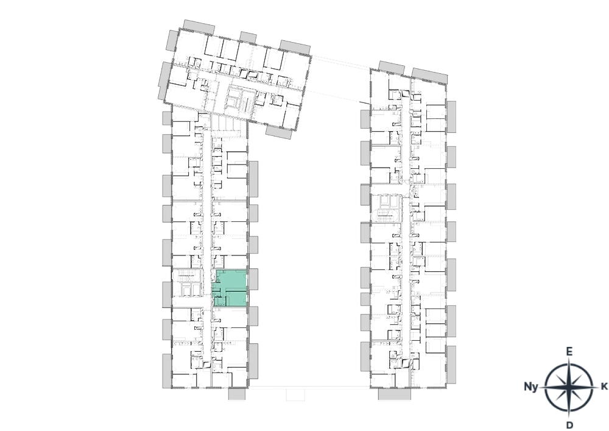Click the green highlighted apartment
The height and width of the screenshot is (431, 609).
pos(230,288)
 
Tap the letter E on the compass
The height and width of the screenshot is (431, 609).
pos(569,352)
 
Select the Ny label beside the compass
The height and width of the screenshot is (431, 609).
pos(531,386)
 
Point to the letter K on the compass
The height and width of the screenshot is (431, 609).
pos(604,386)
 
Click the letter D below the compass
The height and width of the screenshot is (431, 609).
pos(569,425)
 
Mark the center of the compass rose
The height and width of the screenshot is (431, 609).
pos(569,388)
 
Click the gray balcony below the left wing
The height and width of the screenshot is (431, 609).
pos(237,394)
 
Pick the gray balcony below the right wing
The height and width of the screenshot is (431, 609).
pos(394,394)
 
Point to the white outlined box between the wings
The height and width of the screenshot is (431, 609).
pos(295,394)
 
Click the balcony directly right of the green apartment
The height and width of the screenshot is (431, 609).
pos(253,279)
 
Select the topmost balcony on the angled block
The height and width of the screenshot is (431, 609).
pos(199,27)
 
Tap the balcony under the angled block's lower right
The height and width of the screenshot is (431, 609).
pos(279,132)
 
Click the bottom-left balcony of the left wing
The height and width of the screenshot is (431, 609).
pos(167,371)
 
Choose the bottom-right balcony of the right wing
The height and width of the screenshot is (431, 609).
pos(451,365)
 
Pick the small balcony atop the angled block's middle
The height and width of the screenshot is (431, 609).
pos(248,37)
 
